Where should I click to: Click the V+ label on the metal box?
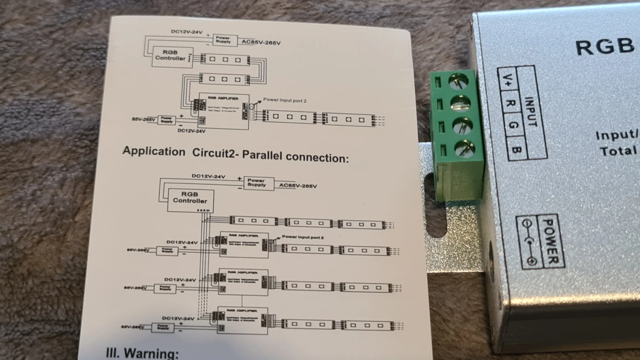[507, 80]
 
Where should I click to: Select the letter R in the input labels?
[511, 103]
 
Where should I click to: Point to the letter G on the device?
[513, 125]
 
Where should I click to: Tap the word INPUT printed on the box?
[531, 112]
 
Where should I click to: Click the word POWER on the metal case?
[551, 242]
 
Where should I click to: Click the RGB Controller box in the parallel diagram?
[190, 200]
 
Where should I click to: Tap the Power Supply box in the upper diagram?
[223, 40]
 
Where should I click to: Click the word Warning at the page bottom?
[151, 353]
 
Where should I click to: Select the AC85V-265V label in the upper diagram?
[261, 43]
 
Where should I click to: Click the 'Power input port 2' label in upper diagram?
[285, 101]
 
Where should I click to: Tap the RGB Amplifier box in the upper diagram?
[223, 111]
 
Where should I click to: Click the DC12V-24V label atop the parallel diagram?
[208, 176]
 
